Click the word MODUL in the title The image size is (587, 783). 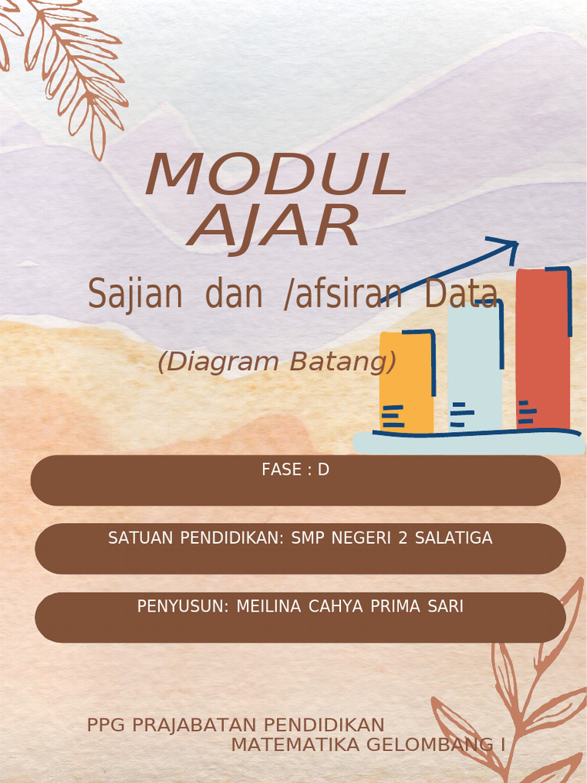coord(275,174)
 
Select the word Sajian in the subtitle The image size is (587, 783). coord(135,294)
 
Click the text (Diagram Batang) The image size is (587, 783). coord(277,362)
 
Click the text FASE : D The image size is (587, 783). coord(295,469)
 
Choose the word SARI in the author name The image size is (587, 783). coord(446,606)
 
